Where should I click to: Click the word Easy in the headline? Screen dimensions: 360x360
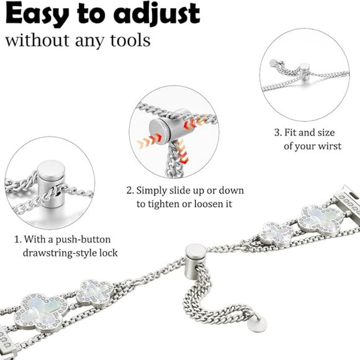(37, 14)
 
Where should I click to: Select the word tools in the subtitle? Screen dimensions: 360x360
(130, 40)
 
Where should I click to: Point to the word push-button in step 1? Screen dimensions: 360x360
(83, 240)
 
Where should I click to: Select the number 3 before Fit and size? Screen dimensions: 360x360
(277, 133)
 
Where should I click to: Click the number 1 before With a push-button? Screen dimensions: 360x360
(17, 240)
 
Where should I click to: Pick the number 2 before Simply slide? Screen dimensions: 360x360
(130, 191)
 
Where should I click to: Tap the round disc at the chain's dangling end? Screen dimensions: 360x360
(257, 324)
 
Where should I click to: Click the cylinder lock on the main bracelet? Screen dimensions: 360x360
(195, 259)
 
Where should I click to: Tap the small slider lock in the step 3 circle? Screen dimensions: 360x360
(305, 71)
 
